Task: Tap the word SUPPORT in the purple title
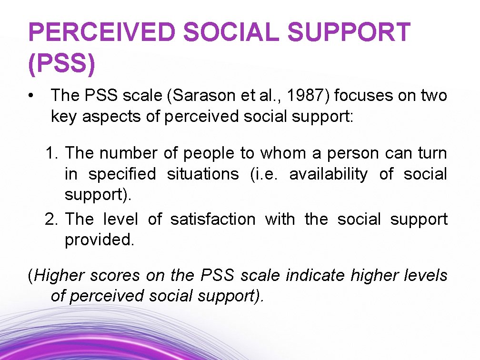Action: tap(349, 32)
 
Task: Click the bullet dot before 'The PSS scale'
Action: tap(31, 96)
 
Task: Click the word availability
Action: tap(328, 174)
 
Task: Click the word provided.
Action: tap(100, 240)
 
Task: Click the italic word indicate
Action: tap(315, 275)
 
